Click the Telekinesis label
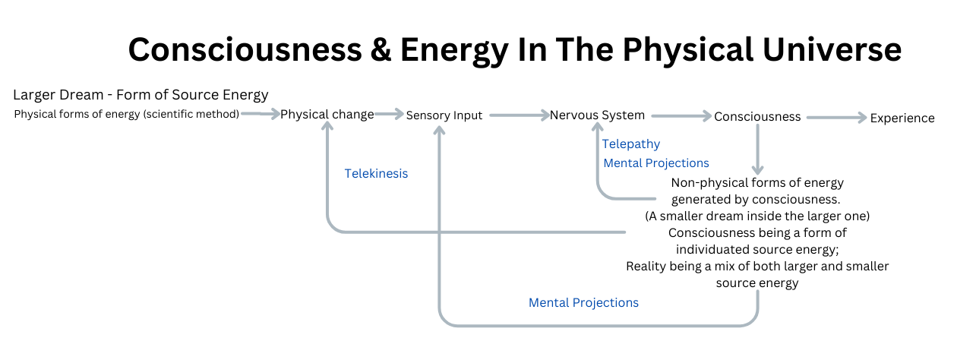(x=376, y=173)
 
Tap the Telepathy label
(x=631, y=144)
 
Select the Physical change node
(x=327, y=115)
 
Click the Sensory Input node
(x=444, y=115)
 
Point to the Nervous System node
(x=597, y=115)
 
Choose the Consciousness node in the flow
(x=757, y=117)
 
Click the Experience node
(x=902, y=118)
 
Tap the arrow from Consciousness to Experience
(x=836, y=118)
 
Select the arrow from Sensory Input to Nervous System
(x=520, y=115)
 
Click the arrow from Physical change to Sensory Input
(x=389, y=114)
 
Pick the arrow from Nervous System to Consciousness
(x=681, y=115)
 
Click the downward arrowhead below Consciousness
(x=757, y=169)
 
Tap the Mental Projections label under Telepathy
(x=655, y=163)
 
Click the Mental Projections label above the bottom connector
(x=583, y=303)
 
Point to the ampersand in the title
(x=381, y=50)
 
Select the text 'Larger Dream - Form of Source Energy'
(x=141, y=95)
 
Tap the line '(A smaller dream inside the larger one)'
(x=757, y=216)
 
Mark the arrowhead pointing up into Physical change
(x=327, y=125)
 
